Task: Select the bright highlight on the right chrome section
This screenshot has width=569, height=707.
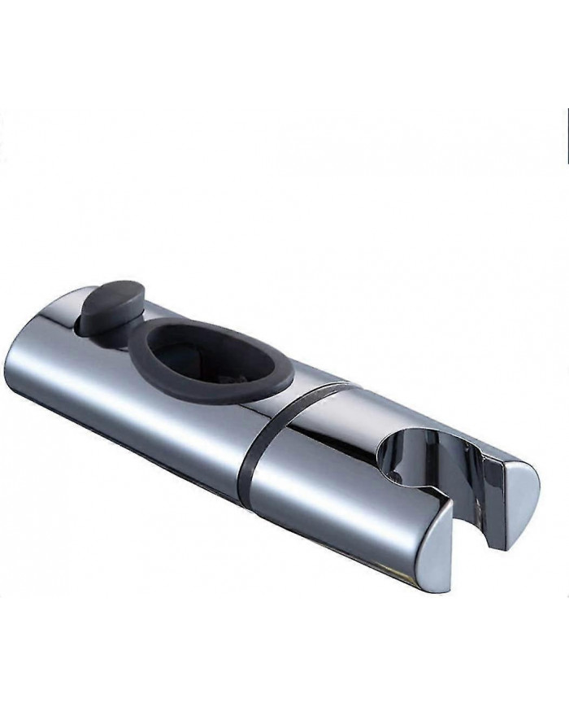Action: coord(341,480)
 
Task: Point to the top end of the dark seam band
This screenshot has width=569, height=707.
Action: coord(341,386)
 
